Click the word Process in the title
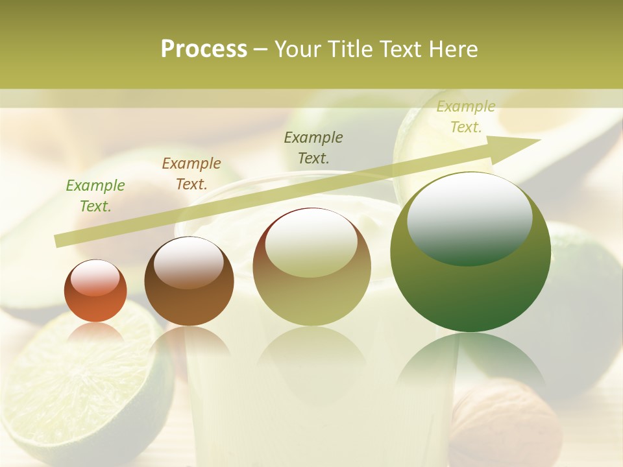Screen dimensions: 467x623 pos(204,49)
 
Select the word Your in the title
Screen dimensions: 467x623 pos(297,49)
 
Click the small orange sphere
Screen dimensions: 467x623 pos(95,291)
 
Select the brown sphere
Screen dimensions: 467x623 pos(189,281)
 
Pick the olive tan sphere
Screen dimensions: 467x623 pos(312,267)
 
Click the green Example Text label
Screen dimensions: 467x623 pos(95,196)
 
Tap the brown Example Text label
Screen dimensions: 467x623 pos(191,174)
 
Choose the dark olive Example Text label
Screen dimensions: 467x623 pos(313,148)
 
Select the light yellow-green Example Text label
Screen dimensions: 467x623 pos(466,117)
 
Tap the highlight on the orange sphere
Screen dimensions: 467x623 pos(95,278)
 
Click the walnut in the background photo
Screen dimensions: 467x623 pos(506,422)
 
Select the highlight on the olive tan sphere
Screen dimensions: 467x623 pos(311,242)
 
